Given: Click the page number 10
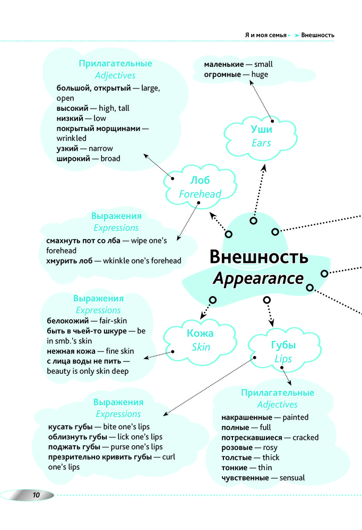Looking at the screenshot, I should (36, 496).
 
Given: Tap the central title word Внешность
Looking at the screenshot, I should (258, 257).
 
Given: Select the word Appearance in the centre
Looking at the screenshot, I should (258, 279).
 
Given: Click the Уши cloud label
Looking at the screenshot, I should (261, 129).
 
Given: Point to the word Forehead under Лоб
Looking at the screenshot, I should (200, 194).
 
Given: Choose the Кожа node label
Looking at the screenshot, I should (200, 333).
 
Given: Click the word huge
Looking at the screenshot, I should (260, 75).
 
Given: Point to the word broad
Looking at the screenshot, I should (110, 158).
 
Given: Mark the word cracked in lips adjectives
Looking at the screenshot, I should (305, 438).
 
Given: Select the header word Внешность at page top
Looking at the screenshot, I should (317, 35).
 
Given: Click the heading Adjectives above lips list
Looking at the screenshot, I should (277, 404).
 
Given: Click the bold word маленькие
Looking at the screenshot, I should (224, 64).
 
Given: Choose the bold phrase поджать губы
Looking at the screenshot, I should (74, 446).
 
